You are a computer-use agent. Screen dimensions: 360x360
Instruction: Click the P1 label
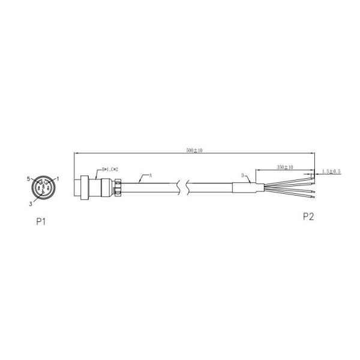point(41,221)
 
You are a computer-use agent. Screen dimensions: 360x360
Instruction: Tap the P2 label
point(308,217)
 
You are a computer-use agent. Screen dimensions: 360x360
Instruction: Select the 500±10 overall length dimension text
point(193,150)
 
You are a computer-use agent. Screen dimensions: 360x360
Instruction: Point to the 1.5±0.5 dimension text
point(331,171)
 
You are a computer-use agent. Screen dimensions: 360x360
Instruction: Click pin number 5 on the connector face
point(28,179)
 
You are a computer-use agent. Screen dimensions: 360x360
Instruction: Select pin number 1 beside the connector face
point(58,179)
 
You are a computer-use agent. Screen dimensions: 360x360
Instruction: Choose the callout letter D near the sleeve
point(242,175)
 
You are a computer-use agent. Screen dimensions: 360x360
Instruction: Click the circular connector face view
point(43,188)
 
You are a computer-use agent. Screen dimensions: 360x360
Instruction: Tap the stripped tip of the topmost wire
point(313,176)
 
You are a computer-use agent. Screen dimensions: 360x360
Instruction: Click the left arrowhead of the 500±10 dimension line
point(75,154)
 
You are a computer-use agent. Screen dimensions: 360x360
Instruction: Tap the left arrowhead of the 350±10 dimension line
point(256,169)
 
